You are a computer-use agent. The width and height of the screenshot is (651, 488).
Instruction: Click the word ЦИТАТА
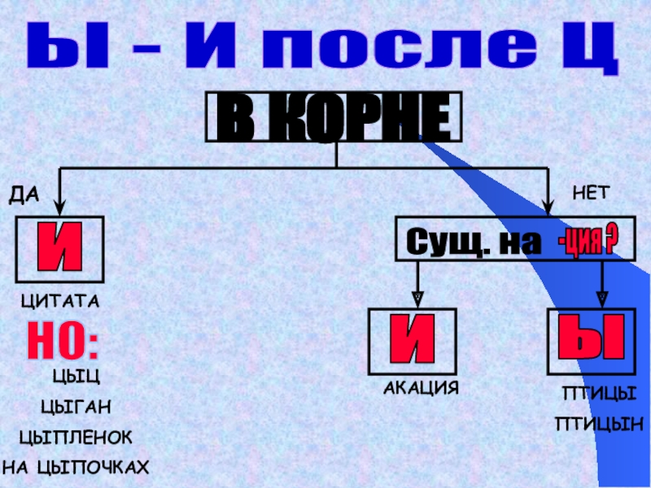pyautogui.click(x=59, y=302)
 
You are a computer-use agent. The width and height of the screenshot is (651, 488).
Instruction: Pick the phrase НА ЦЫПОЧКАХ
pyautogui.click(x=76, y=468)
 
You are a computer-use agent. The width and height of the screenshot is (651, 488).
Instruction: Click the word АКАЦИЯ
pyautogui.click(x=421, y=388)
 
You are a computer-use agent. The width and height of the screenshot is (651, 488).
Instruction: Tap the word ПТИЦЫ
pyautogui.click(x=598, y=394)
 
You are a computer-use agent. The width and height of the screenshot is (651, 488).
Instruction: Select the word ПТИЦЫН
pyautogui.click(x=599, y=424)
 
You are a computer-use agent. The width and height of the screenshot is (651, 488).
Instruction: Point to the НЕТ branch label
pyautogui.click(x=589, y=193)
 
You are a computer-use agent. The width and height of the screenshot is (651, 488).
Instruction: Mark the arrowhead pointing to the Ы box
pyautogui.click(x=602, y=298)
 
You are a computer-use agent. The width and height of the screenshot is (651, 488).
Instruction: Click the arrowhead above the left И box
pyautogui.click(x=60, y=207)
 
